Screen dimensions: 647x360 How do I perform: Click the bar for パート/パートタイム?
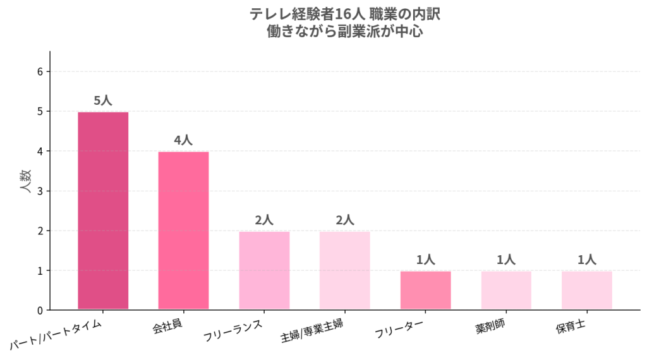[x=103, y=210]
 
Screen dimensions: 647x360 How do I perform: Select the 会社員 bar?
[x=184, y=231]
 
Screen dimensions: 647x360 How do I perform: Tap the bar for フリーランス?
[x=265, y=270]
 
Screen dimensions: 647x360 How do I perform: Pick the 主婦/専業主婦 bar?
[x=345, y=270]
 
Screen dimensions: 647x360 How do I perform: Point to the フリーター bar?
[x=425, y=291]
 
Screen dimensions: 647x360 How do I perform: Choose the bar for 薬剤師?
[x=506, y=291]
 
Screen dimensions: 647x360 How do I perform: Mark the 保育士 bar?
[x=587, y=291]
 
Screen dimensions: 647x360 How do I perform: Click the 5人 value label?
[x=103, y=100]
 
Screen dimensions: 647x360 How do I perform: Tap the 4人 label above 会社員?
[x=183, y=140]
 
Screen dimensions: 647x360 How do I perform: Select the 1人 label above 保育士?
[x=586, y=260]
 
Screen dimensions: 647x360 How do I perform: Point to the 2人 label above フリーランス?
[x=264, y=220]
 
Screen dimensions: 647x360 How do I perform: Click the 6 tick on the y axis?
[x=40, y=72]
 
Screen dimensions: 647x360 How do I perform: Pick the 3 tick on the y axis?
[x=40, y=191]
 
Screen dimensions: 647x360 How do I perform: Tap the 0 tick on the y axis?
[x=40, y=311]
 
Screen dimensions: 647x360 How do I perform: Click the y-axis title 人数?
[x=25, y=181]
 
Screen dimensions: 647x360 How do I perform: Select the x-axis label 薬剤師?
[x=490, y=326]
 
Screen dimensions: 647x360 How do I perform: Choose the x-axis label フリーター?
[x=399, y=328]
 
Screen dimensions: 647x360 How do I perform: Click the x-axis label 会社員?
[x=167, y=326]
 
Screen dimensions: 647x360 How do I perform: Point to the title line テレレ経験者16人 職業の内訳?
[x=345, y=15]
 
